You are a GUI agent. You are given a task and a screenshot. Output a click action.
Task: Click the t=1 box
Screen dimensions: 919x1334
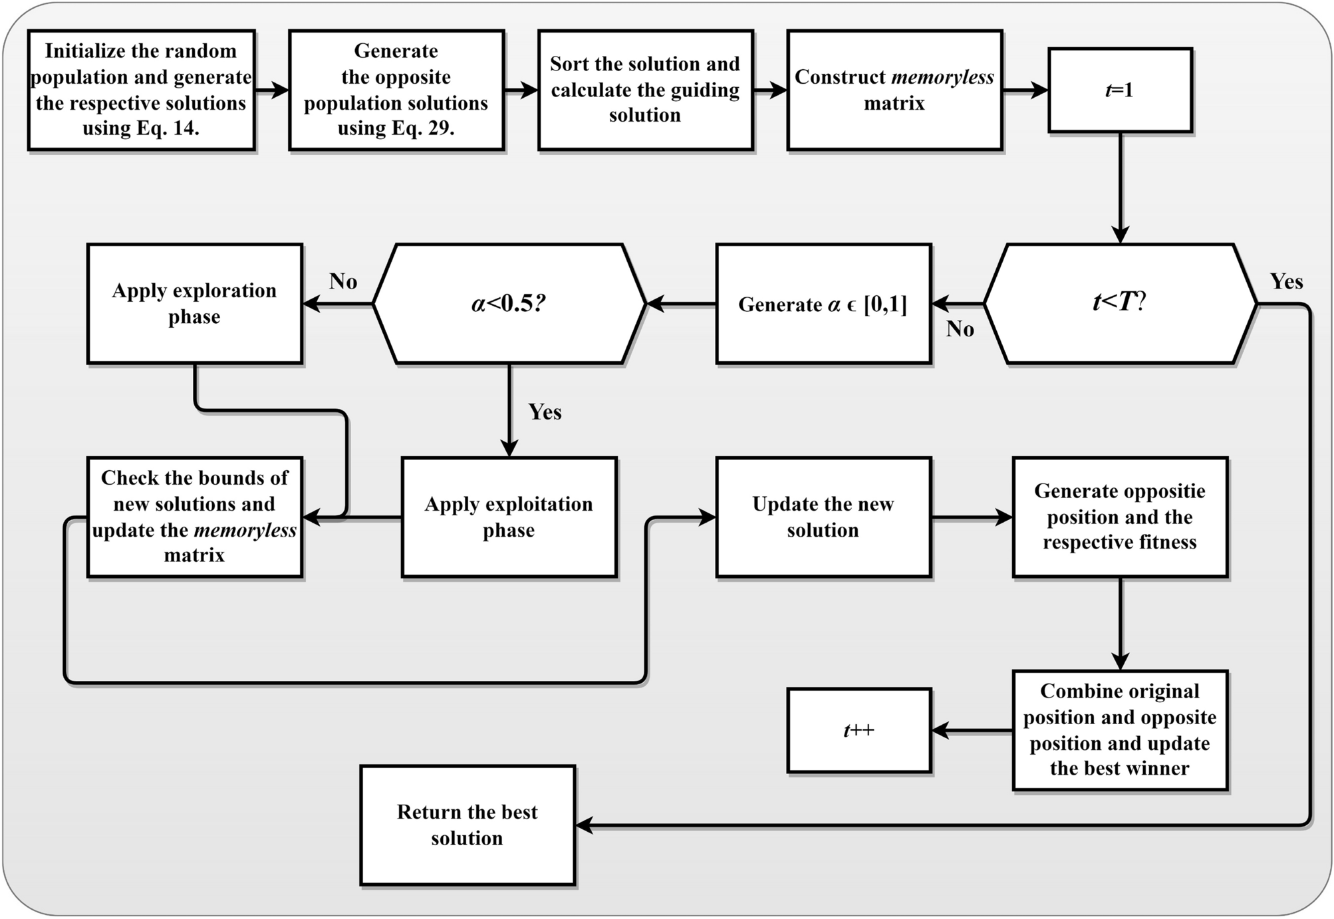1120,90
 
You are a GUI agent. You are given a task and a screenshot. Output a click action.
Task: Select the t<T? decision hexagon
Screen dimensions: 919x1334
1120,303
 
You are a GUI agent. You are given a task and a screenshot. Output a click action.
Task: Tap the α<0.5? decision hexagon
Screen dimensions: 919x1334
509,303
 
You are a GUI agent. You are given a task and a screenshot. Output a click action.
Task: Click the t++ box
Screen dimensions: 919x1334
859,730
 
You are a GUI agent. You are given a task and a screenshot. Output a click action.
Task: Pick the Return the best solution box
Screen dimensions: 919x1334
467,825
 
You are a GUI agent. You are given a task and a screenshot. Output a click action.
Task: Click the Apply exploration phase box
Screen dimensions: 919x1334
194,303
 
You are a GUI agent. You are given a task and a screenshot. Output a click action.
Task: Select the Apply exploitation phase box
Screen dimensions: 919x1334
509,517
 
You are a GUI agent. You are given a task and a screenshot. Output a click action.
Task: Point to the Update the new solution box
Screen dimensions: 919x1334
823,517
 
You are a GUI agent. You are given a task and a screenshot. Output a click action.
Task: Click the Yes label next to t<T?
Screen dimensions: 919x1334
1286,281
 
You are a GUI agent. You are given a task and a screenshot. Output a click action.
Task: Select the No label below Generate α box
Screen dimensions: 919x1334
960,328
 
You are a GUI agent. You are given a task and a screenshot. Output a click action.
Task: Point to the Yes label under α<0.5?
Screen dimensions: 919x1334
545,412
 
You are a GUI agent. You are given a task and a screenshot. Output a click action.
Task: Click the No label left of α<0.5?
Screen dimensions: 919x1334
343,281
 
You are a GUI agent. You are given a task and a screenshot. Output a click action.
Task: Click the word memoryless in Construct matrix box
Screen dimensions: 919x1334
942,77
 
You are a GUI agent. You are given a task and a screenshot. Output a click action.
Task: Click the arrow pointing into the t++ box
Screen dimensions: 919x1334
971,731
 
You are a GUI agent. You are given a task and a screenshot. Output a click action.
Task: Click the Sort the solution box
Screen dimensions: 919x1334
645,90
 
